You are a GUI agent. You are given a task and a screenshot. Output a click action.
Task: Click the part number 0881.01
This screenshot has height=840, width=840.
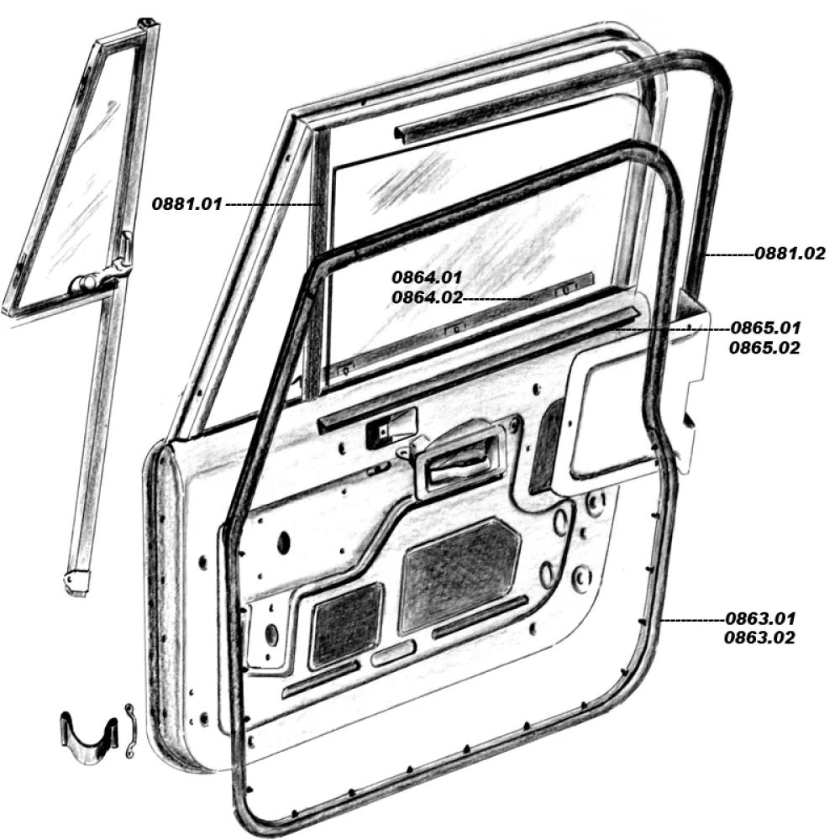click(x=186, y=204)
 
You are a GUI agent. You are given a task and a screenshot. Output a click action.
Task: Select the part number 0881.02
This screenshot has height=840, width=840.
click(x=790, y=254)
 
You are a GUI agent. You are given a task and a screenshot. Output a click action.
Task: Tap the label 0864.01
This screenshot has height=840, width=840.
click(x=427, y=277)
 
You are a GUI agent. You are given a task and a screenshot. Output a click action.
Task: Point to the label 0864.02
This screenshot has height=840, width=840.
click(x=427, y=297)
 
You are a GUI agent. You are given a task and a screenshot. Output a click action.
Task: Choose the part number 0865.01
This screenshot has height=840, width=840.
click(x=765, y=328)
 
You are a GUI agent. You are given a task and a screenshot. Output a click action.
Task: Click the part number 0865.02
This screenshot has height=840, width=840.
click(x=764, y=348)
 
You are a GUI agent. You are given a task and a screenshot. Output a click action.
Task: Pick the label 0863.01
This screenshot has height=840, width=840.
click(x=760, y=619)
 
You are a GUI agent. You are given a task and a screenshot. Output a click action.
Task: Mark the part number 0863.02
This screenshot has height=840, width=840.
click(x=759, y=638)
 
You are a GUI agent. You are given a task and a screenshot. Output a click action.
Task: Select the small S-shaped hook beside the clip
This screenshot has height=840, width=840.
click(x=130, y=730)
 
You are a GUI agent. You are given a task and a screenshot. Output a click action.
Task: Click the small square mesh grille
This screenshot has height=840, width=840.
click(x=348, y=625)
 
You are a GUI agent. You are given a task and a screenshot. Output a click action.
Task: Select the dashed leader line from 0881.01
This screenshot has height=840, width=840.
click(x=271, y=204)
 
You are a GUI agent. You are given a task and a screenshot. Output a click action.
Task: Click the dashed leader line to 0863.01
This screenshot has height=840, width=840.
click(x=693, y=620)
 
